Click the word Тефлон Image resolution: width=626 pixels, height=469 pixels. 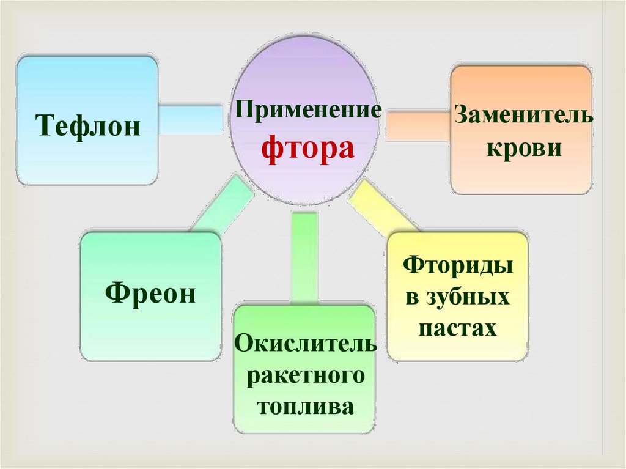(x=88, y=127)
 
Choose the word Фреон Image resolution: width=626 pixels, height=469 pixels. (x=150, y=294)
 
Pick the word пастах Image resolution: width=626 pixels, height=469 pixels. (x=457, y=329)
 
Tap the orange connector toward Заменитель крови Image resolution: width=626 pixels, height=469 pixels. (x=418, y=125)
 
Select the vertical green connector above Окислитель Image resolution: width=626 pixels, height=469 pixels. (x=305, y=257)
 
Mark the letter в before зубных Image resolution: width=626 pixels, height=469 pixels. (x=412, y=298)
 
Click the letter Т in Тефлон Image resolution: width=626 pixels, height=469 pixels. (x=43, y=127)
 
